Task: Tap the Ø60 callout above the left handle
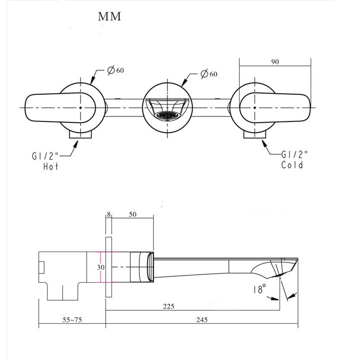pos(116,71)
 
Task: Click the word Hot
pos(51,166)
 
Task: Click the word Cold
pos(292,165)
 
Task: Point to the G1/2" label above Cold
pos(294,154)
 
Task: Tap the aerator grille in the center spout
pos(167,116)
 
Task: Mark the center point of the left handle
pos(80,108)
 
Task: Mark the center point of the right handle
pos(254,108)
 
